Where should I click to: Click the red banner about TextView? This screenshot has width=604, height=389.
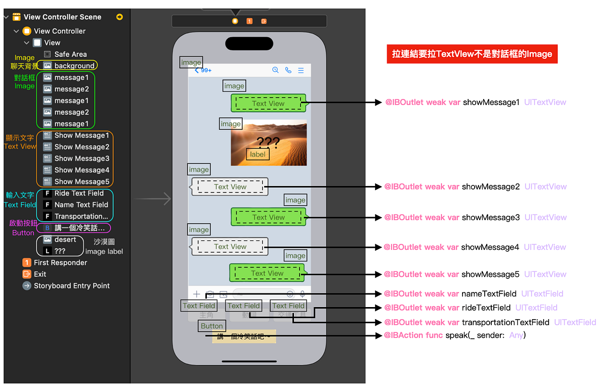(x=472, y=54)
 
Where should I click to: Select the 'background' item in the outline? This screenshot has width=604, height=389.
(x=74, y=66)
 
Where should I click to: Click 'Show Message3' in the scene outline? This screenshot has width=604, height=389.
(x=82, y=158)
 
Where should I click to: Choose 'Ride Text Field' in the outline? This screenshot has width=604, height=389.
(x=79, y=193)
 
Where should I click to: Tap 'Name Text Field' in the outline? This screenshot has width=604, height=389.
(x=81, y=205)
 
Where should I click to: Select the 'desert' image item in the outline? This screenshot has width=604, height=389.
(x=65, y=239)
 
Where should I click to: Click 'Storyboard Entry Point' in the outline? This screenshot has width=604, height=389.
(x=71, y=285)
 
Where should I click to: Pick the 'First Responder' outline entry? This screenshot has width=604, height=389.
(x=60, y=262)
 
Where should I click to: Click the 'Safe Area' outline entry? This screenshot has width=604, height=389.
(x=70, y=54)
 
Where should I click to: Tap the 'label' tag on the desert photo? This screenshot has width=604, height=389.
(x=258, y=154)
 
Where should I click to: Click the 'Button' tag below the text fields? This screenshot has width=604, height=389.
(x=212, y=326)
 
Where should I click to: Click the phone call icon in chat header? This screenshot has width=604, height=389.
(x=288, y=70)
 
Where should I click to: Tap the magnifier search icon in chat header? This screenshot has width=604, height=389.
(x=275, y=70)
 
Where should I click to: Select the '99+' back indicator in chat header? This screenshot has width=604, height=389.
(x=203, y=70)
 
